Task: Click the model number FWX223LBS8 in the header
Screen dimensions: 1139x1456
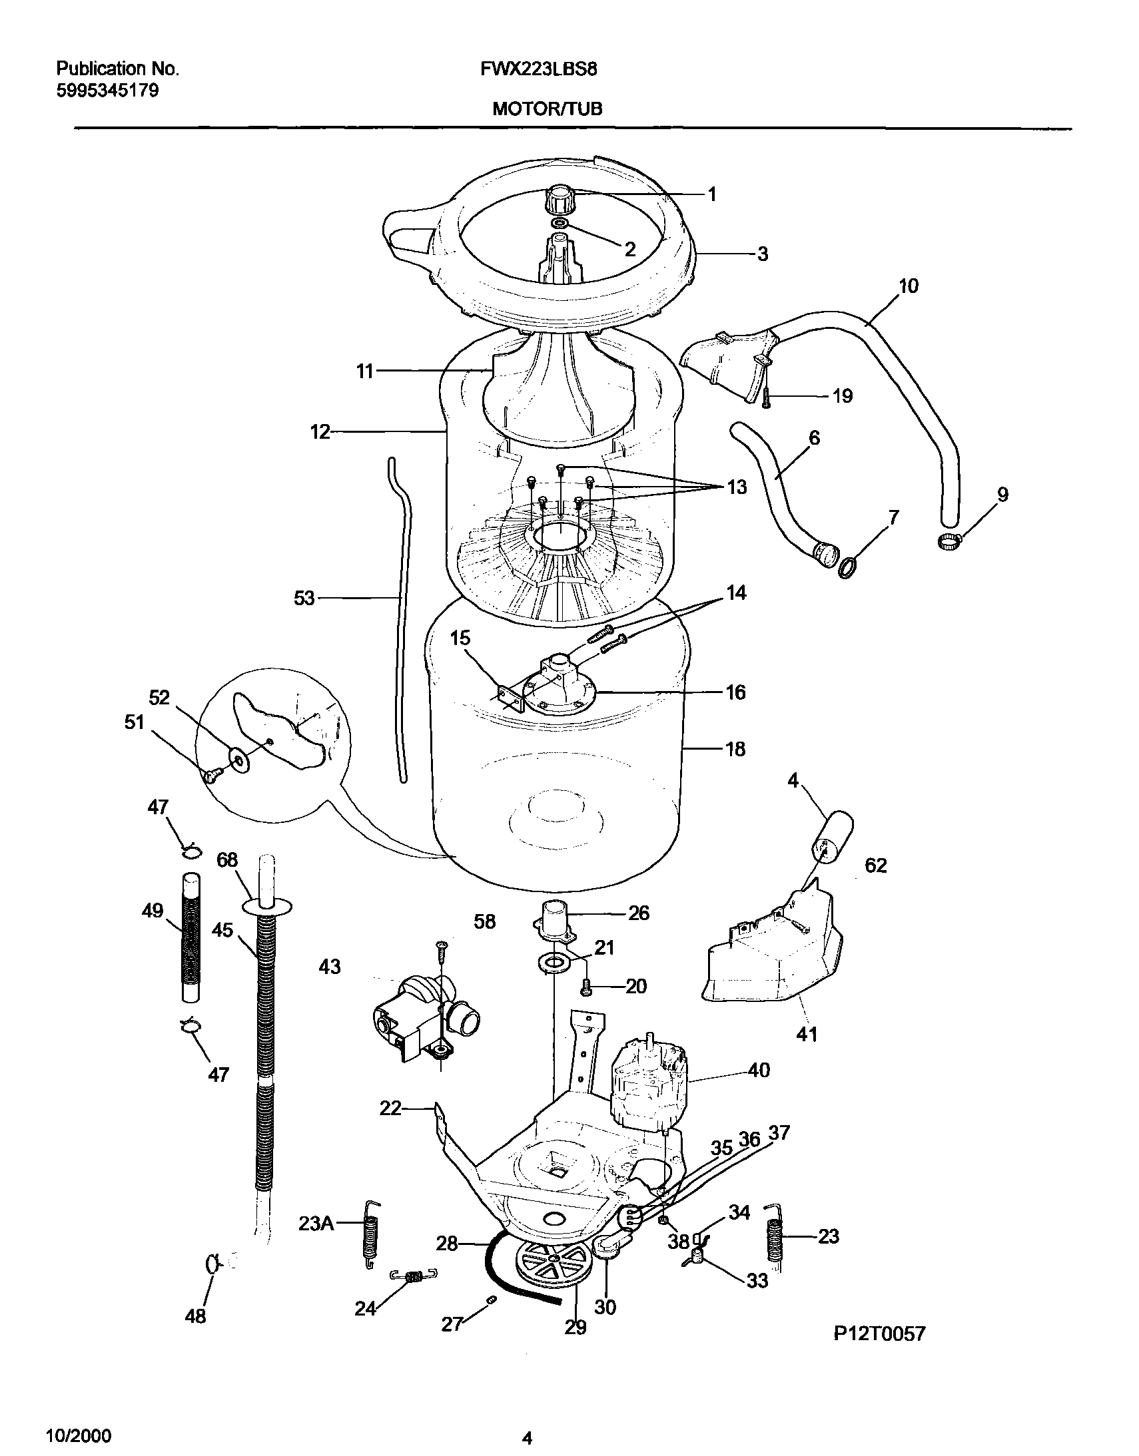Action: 538,69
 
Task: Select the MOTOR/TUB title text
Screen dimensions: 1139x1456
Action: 547,109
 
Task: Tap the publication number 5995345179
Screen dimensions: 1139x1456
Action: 107,91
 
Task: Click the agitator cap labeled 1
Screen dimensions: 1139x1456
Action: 560,198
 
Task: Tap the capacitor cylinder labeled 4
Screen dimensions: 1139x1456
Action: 831,837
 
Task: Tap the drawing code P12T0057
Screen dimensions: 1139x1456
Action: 879,1351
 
